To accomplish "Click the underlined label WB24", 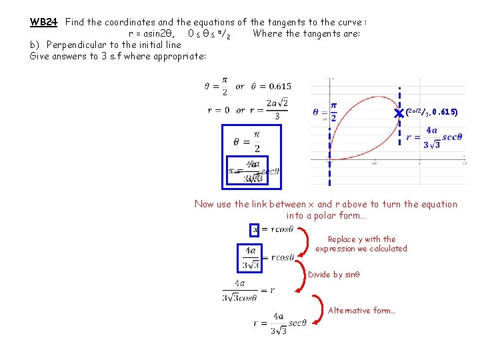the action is click(x=44, y=21).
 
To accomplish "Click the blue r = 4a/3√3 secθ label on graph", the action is click(x=434, y=137).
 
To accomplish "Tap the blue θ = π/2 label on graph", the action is click(x=325, y=111).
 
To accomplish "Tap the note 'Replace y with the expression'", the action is click(x=361, y=243).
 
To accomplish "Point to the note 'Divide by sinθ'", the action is click(x=334, y=274).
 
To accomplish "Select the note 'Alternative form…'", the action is click(x=361, y=310).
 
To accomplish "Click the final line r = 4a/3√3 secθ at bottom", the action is click(x=280, y=323).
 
